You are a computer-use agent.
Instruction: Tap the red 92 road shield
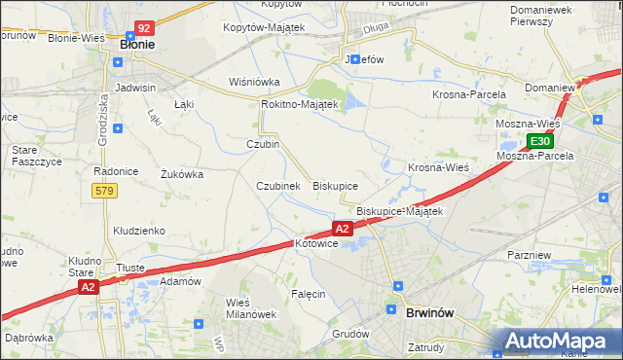144,29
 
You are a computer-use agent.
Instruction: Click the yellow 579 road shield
107,191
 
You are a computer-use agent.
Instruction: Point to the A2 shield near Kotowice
342,229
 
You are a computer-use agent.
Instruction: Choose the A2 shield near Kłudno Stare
89,287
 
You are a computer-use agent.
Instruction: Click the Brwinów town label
429,314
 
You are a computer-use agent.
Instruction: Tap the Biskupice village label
335,185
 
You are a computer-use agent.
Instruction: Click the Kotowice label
315,244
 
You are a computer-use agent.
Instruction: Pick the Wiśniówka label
254,82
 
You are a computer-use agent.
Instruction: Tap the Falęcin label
308,293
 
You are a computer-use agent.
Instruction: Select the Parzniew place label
530,254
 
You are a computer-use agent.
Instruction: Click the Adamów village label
180,281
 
